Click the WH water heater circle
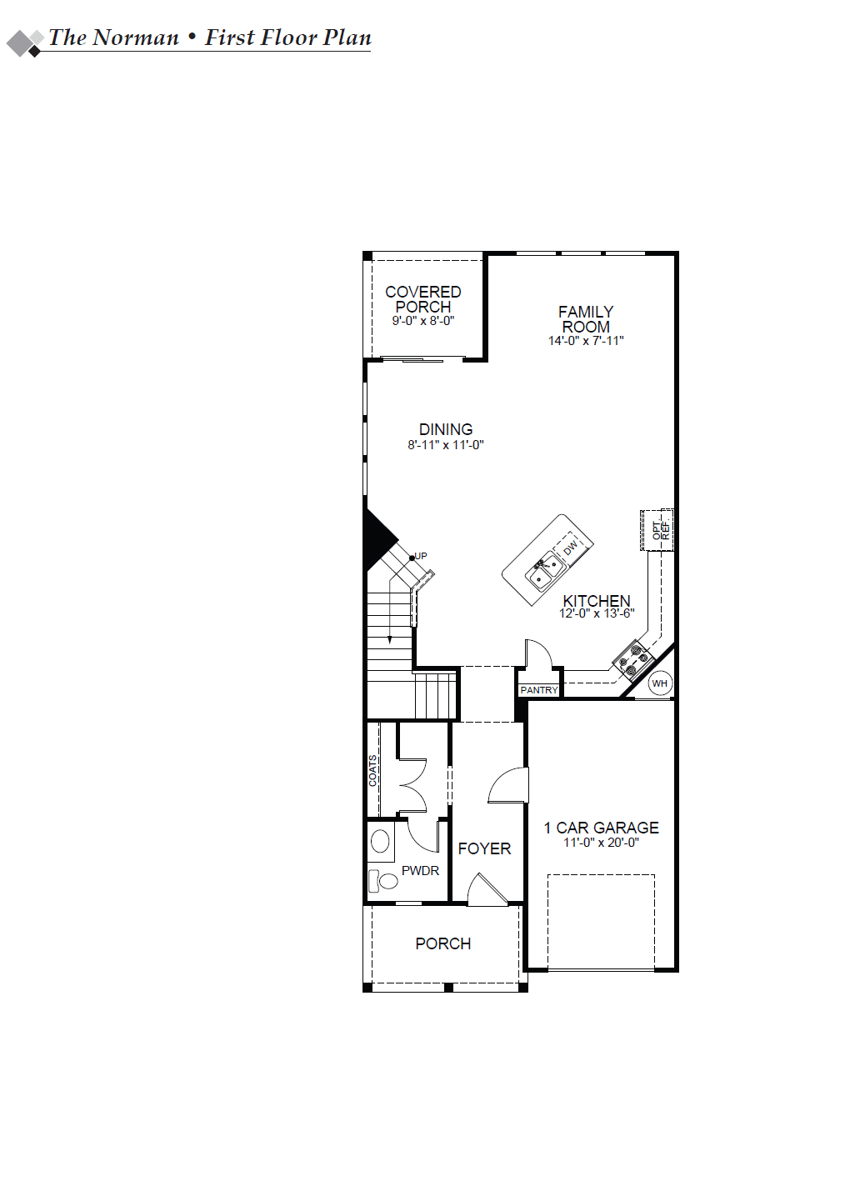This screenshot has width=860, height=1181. coord(659,683)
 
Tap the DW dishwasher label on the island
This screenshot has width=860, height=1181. coord(570,548)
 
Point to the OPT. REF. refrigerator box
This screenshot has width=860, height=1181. coord(657,530)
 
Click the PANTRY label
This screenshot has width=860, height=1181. coord(539,689)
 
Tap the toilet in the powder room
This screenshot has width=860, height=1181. coord(382,880)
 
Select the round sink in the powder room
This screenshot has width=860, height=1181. coord(380,841)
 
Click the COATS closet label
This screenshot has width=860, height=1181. coord(372,771)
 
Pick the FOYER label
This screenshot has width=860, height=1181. coord(484,848)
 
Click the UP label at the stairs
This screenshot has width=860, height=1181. coord(420,556)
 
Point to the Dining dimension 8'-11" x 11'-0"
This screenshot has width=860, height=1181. coord(446,444)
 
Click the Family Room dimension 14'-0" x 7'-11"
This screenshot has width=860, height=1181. coord(585,341)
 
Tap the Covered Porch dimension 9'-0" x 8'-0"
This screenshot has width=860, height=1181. coord(422,321)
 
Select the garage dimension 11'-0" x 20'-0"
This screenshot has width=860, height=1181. coord(601,842)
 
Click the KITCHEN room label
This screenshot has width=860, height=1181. coord(597,601)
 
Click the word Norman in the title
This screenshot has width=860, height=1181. coord(136,38)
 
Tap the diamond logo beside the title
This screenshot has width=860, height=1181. coord(25,43)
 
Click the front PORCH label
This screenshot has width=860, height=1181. coord(443,943)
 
